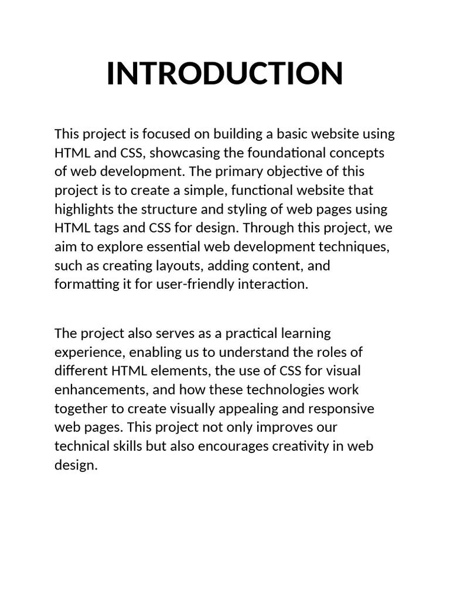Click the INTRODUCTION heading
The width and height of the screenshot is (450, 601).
pyautogui.click(x=224, y=73)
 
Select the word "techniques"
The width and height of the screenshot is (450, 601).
pyautogui.click(x=354, y=247)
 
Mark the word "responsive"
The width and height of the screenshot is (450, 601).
pyautogui.click(x=342, y=408)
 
